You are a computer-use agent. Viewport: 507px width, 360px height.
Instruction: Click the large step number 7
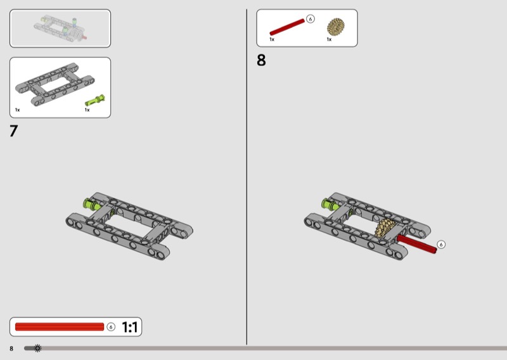tap(14, 131)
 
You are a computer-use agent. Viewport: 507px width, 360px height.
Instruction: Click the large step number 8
tap(261, 61)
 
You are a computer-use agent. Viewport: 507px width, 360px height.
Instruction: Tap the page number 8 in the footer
tap(11, 349)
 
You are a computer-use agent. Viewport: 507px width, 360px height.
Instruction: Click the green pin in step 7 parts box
tap(96, 100)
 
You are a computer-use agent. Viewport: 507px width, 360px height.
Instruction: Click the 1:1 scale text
tap(129, 327)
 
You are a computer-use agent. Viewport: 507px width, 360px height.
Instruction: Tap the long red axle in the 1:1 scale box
tap(59, 327)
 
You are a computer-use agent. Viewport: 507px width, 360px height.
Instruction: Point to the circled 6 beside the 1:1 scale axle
tap(111, 327)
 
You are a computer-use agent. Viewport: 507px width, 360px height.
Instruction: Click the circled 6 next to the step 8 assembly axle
tap(441, 244)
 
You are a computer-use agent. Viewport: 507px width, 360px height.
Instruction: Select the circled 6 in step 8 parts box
tap(310, 19)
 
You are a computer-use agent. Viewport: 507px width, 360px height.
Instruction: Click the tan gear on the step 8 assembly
tap(385, 229)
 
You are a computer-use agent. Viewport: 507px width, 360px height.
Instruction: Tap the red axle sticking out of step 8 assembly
tap(418, 244)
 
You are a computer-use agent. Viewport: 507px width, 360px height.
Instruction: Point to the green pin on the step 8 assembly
tap(329, 203)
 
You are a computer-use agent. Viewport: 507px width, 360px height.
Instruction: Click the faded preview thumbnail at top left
tap(60, 29)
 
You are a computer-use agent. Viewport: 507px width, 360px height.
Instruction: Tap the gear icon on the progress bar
tap(37, 348)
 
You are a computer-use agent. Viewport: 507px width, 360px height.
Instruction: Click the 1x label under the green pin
tap(87, 110)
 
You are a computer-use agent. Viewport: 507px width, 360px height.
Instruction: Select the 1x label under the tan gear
tap(329, 39)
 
